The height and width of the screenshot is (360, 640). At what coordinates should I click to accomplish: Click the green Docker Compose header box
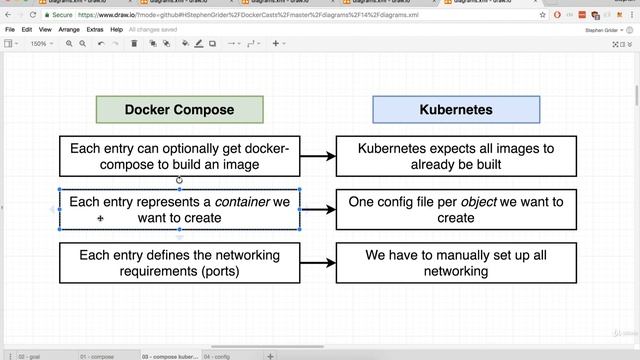pos(179,110)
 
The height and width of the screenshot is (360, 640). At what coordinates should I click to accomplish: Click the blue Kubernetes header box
pos(455,110)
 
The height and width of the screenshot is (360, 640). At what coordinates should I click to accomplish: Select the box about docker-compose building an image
pos(179,157)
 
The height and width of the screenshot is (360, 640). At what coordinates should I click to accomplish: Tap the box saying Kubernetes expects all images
pos(455,157)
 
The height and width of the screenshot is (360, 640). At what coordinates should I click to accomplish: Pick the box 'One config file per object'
pos(455,210)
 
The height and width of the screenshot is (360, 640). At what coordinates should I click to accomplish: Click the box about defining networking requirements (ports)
pos(179,263)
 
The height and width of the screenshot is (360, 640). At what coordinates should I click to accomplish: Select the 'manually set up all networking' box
pos(455,263)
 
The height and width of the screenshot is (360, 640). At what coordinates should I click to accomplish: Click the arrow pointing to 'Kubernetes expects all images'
pos(318,157)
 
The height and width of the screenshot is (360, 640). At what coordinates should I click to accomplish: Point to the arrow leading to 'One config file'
pos(318,210)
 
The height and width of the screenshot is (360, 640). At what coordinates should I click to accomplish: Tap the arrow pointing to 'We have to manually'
pos(318,263)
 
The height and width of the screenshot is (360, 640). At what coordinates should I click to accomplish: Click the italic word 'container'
pos(242,202)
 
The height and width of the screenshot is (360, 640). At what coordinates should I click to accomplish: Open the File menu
pos(10,30)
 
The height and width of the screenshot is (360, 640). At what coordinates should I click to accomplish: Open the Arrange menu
pos(69,30)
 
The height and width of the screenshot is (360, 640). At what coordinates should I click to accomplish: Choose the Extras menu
pos(95,30)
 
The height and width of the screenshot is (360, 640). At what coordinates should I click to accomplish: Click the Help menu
pos(117,30)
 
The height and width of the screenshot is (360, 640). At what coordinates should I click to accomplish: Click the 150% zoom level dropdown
pos(40,44)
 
